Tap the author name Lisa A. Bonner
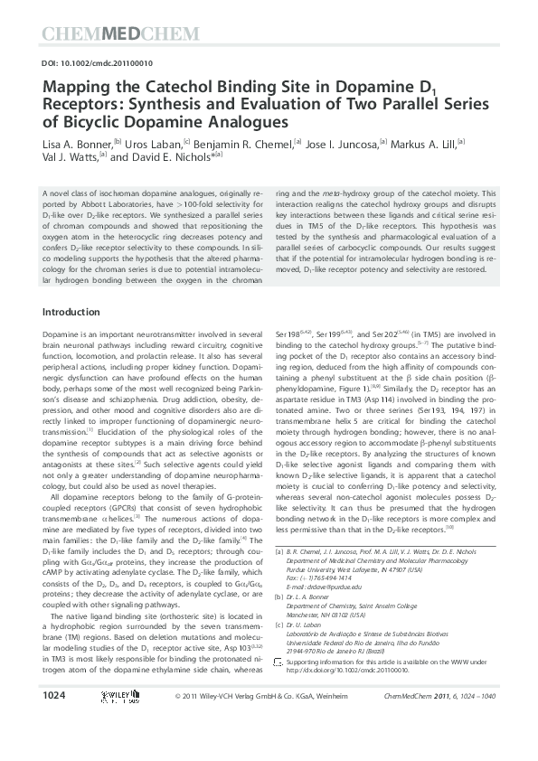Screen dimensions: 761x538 click(x=76, y=143)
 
